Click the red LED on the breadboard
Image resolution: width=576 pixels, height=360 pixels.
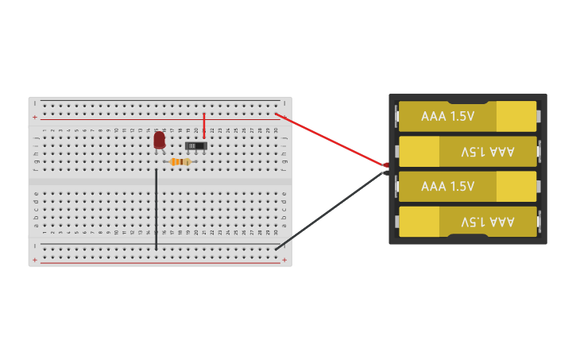(x=159, y=140)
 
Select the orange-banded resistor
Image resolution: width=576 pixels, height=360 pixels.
(x=180, y=161)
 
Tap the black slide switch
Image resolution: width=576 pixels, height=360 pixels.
(x=195, y=145)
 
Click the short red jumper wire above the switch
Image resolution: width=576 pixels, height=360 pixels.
(x=203, y=125)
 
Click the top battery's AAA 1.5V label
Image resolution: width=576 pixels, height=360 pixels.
(x=447, y=116)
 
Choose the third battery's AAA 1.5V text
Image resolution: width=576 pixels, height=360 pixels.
(x=447, y=187)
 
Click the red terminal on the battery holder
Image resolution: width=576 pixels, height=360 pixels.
(x=387, y=165)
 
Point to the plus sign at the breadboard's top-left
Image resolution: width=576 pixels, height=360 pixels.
(x=34, y=117)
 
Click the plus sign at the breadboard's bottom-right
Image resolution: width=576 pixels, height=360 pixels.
(x=284, y=260)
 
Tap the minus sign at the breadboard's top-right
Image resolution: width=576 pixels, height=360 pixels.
(x=284, y=103)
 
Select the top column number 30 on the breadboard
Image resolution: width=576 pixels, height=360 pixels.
(x=276, y=130)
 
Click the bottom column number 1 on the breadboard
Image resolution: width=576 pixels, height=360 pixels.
(x=44, y=232)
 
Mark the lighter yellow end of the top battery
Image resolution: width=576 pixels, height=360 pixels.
(x=516, y=116)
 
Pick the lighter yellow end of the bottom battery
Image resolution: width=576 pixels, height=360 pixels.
(x=419, y=222)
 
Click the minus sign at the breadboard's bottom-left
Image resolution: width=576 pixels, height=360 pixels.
(x=34, y=246)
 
